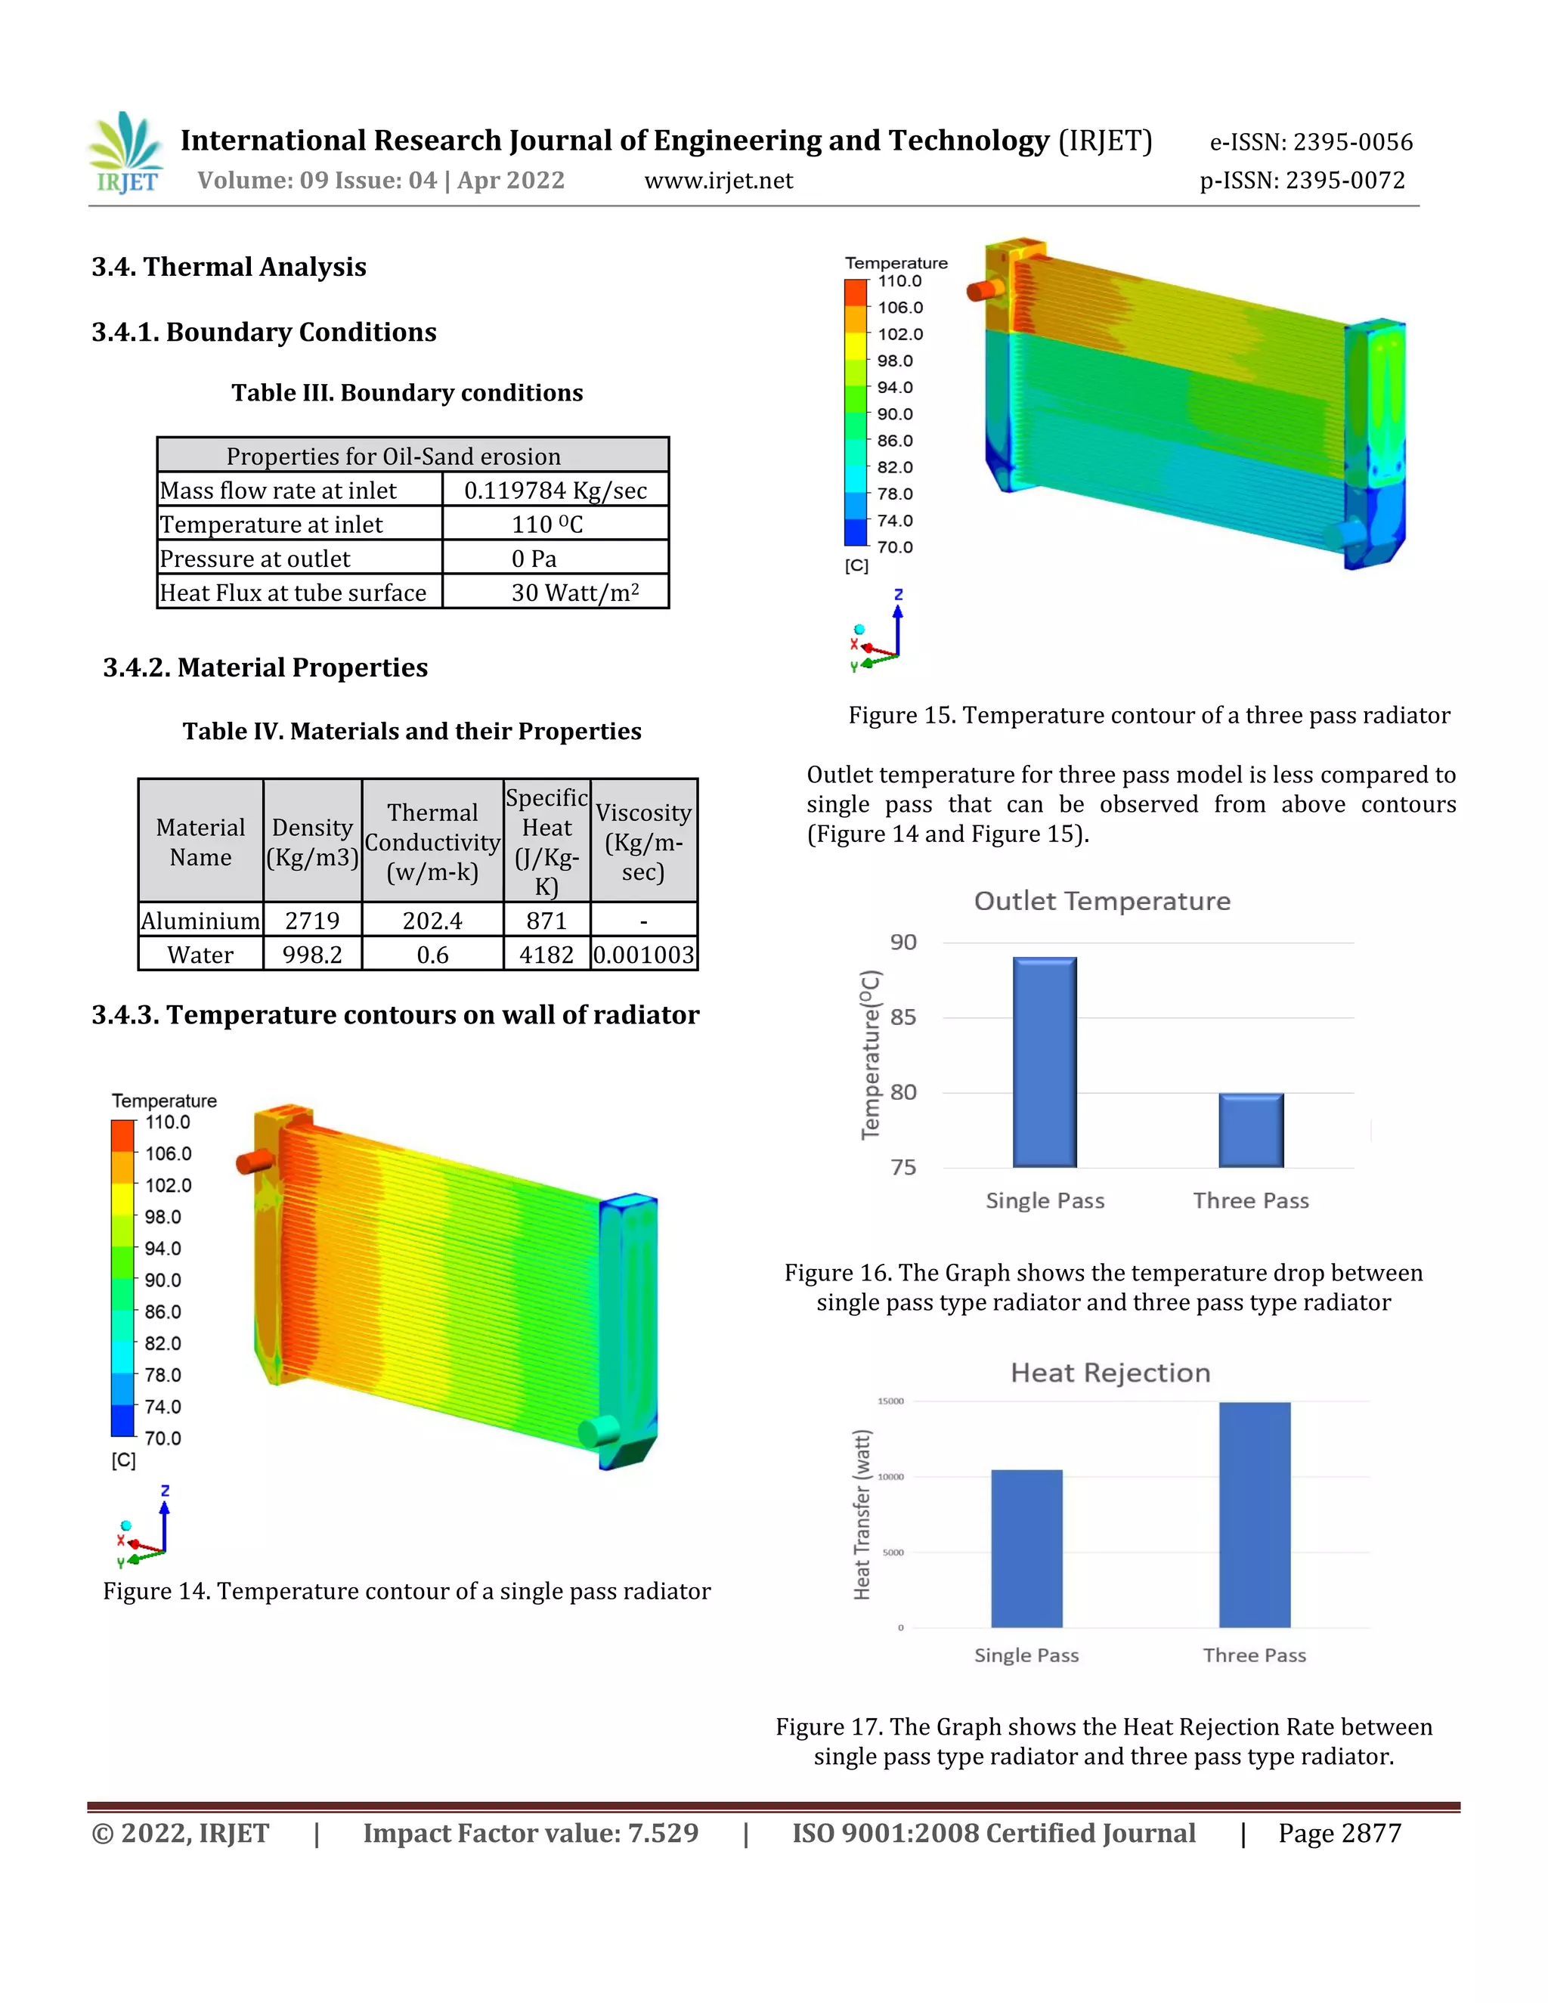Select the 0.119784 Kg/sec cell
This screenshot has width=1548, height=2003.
point(555,491)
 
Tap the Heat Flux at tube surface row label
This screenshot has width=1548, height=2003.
point(293,593)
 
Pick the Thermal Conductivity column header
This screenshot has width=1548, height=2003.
point(432,842)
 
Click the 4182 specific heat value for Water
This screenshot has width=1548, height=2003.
point(546,955)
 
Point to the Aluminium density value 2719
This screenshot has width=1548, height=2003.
point(312,921)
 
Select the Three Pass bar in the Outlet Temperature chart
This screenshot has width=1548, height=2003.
point(1251,1130)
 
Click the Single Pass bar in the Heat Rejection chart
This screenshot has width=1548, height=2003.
point(1026,1548)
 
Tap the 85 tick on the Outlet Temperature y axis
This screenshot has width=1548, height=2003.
point(902,1017)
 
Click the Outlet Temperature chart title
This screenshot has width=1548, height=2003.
point(1101,901)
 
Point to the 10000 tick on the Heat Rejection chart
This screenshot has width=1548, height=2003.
point(890,1477)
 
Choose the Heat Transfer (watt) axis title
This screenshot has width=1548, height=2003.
point(862,1515)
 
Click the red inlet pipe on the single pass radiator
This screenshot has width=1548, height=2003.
point(254,1161)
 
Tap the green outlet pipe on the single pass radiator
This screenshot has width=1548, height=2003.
point(599,1431)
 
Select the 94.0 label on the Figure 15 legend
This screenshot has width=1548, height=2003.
point(894,387)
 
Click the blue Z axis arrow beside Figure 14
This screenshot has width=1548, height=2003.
point(165,1522)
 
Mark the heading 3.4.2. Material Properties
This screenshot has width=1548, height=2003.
point(265,667)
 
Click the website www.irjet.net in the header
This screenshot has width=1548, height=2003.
point(718,181)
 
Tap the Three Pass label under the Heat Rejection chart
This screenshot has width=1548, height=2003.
point(1254,1655)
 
